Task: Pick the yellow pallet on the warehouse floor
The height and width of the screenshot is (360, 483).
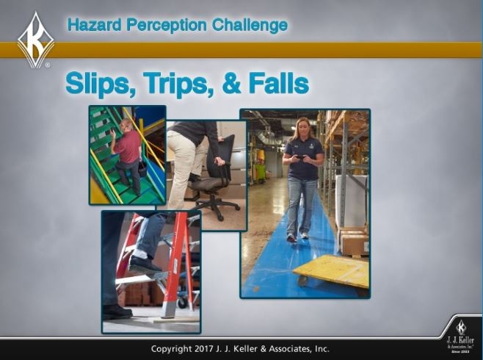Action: pyautogui.click(x=331, y=271)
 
